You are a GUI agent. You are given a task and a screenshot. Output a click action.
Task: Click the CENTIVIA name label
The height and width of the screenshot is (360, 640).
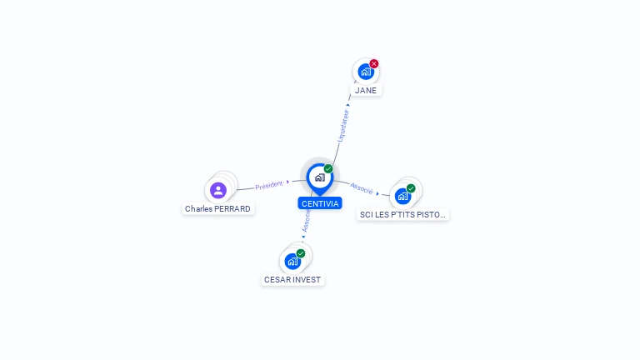tap(320, 203)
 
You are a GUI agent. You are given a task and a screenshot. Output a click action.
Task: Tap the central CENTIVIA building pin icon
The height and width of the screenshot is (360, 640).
tap(319, 177)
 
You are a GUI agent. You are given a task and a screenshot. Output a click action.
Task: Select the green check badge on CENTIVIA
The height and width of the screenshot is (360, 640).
tap(328, 169)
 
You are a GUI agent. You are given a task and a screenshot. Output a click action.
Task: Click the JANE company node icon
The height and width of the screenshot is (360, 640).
tap(365, 72)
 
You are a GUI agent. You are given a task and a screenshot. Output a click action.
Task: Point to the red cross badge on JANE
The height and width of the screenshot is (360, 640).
tap(374, 63)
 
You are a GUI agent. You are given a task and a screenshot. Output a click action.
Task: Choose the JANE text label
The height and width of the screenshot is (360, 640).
tap(366, 90)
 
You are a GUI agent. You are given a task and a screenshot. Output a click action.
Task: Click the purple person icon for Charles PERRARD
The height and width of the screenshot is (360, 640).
tap(218, 190)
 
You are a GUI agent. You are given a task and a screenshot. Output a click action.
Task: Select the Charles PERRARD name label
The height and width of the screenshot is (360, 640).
tap(217, 209)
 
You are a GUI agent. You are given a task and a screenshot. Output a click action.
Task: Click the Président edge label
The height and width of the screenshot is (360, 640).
tap(269, 185)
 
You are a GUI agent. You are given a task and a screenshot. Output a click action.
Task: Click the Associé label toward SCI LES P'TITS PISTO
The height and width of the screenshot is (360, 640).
tap(362, 188)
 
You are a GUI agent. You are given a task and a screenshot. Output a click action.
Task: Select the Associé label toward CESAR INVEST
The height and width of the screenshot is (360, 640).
tap(307, 221)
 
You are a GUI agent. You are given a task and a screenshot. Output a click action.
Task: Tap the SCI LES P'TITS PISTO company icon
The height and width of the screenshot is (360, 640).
tap(402, 197)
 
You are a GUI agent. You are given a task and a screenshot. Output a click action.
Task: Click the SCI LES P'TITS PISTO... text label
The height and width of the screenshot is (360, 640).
tap(403, 214)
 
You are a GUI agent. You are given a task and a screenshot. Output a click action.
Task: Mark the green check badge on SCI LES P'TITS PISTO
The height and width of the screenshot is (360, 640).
tap(411, 188)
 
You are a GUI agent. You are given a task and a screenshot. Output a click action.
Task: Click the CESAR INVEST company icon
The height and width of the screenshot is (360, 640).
tap(292, 262)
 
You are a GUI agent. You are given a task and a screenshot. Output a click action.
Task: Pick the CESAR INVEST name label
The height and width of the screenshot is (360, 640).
tap(292, 280)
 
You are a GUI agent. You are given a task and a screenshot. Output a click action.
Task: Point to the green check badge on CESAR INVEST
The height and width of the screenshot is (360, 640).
tap(301, 253)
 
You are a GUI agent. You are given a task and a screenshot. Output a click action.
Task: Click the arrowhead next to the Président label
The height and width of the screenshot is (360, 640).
tap(287, 182)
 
